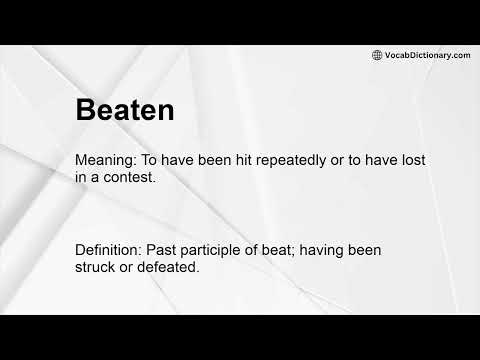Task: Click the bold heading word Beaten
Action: (x=125, y=109)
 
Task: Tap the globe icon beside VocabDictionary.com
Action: (x=377, y=55)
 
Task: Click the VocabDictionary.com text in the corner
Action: (x=427, y=55)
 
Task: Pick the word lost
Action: (x=395, y=160)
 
